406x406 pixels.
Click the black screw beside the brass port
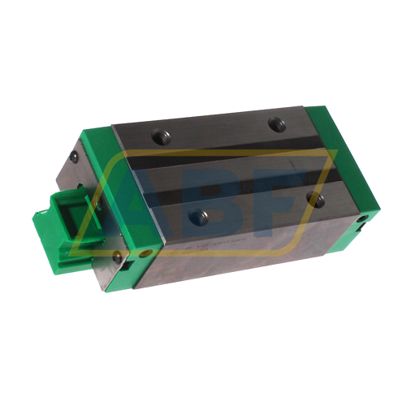click(118, 257)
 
